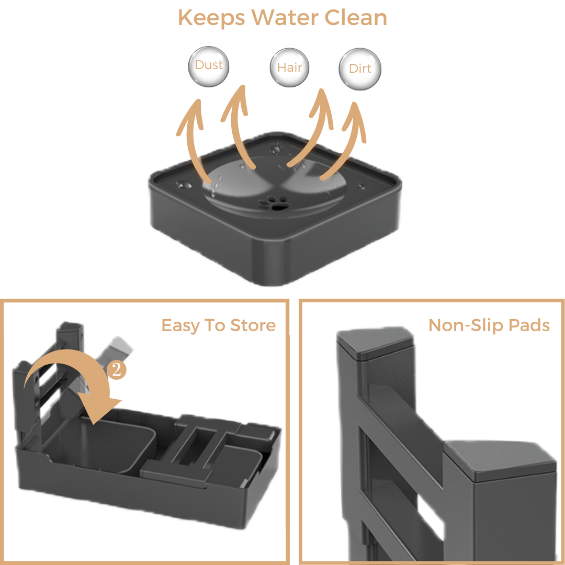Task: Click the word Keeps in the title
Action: (211, 18)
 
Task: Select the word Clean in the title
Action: (356, 17)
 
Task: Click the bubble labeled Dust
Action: (209, 66)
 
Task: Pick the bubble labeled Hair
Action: (289, 67)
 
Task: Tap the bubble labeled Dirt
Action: (360, 69)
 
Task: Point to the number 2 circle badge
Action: (116, 370)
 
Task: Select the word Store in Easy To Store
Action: (253, 325)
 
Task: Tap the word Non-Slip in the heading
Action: (466, 325)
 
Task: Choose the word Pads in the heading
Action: (529, 325)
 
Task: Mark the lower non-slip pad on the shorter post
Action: (501, 459)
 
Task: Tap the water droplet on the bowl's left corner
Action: (184, 186)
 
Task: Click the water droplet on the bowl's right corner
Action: (361, 186)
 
